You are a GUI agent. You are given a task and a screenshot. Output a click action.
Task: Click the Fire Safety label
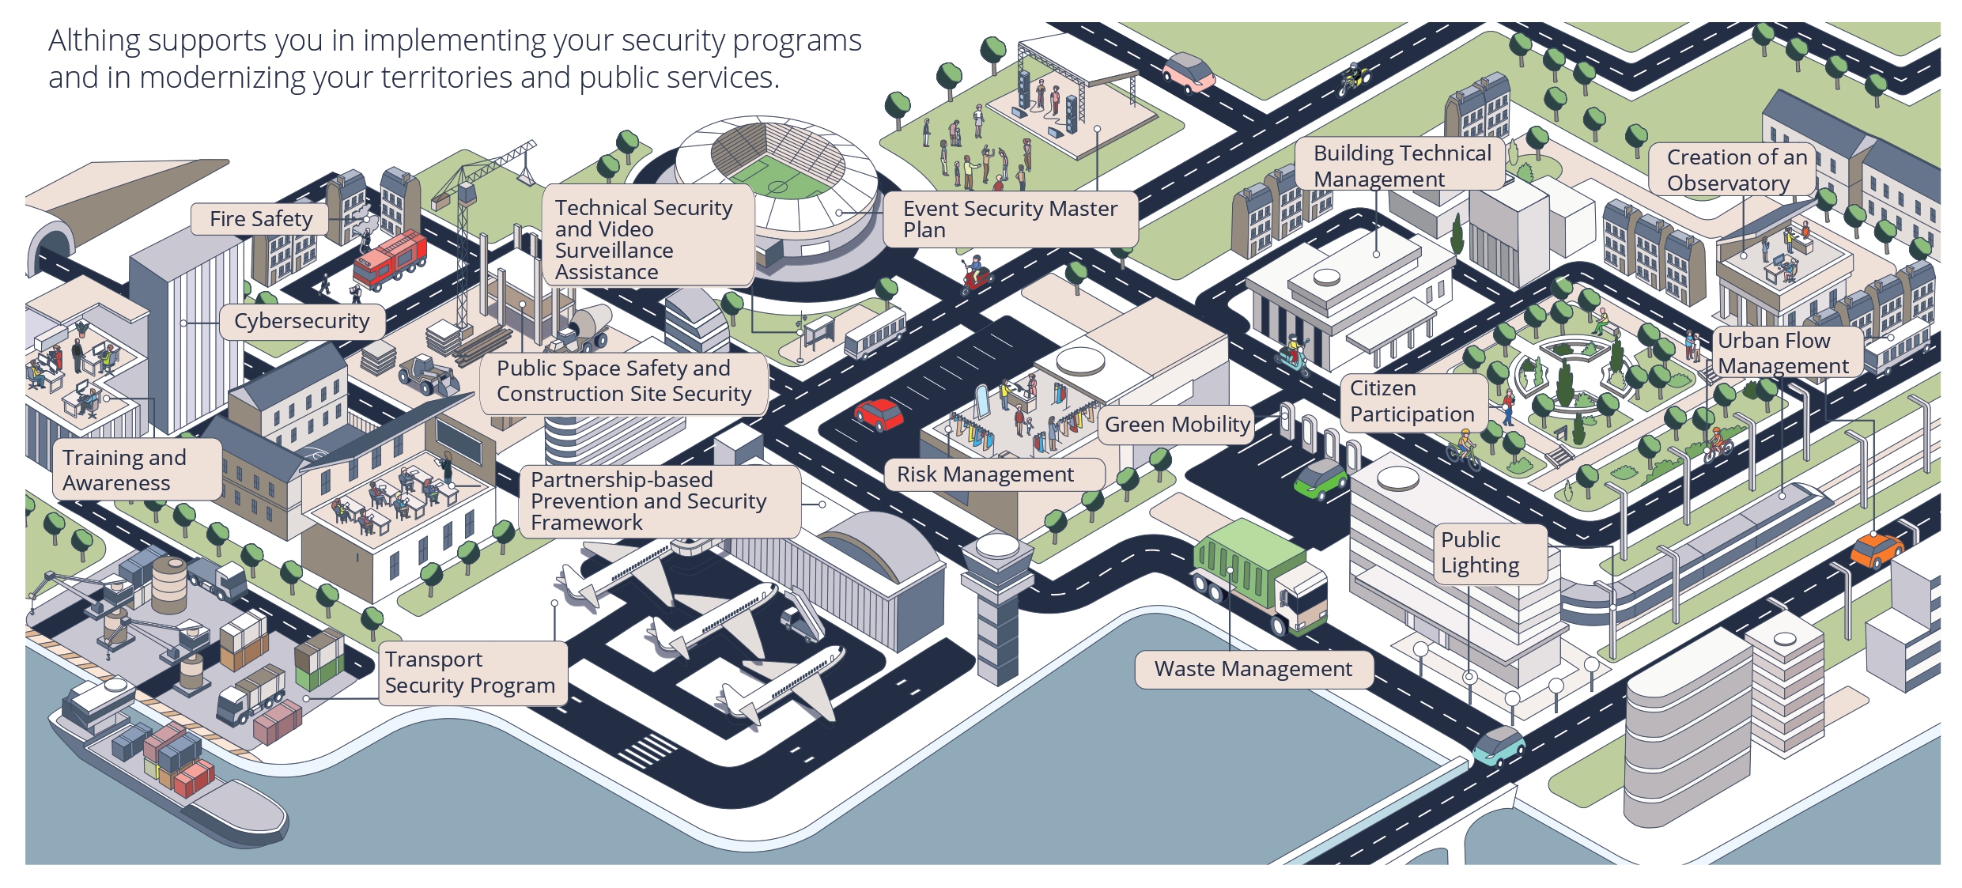(x=260, y=219)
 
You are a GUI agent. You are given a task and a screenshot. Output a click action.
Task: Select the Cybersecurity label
(x=301, y=321)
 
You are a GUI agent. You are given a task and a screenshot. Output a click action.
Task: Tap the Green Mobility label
(x=1177, y=425)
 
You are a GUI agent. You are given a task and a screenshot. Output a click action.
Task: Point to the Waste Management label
(x=1253, y=669)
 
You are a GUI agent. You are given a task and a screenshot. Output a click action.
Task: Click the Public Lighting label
(x=1480, y=553)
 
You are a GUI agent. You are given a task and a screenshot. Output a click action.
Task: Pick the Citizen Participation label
(x=1412, y=402)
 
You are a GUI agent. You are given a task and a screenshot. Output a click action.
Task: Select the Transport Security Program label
(x=470, y=672)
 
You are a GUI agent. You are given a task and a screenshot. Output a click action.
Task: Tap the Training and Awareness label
(x=125, y=470)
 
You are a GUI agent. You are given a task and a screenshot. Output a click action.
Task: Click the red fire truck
(x=390, y=259)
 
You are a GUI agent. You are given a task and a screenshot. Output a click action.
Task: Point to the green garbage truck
(x=1257, y=574)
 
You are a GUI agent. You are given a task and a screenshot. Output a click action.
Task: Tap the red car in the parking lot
(x=879, y=414)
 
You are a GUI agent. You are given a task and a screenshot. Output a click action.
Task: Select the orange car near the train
(x=1876, y=549)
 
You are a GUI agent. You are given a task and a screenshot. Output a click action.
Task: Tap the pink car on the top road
(x=1188, y=71)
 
